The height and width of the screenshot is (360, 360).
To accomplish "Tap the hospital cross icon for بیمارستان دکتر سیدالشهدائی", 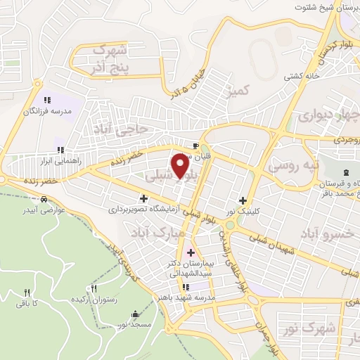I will (191, 252).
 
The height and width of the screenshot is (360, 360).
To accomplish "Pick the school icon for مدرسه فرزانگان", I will (48, 101).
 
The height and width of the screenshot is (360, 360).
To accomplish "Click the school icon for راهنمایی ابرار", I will (61, 149).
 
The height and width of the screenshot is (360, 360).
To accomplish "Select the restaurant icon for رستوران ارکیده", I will (94, 288).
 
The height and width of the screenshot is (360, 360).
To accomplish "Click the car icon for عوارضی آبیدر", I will (44, 199).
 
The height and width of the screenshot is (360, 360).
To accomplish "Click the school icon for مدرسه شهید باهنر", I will (186, 287).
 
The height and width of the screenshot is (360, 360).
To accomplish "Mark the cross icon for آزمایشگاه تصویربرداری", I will (144, 199).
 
